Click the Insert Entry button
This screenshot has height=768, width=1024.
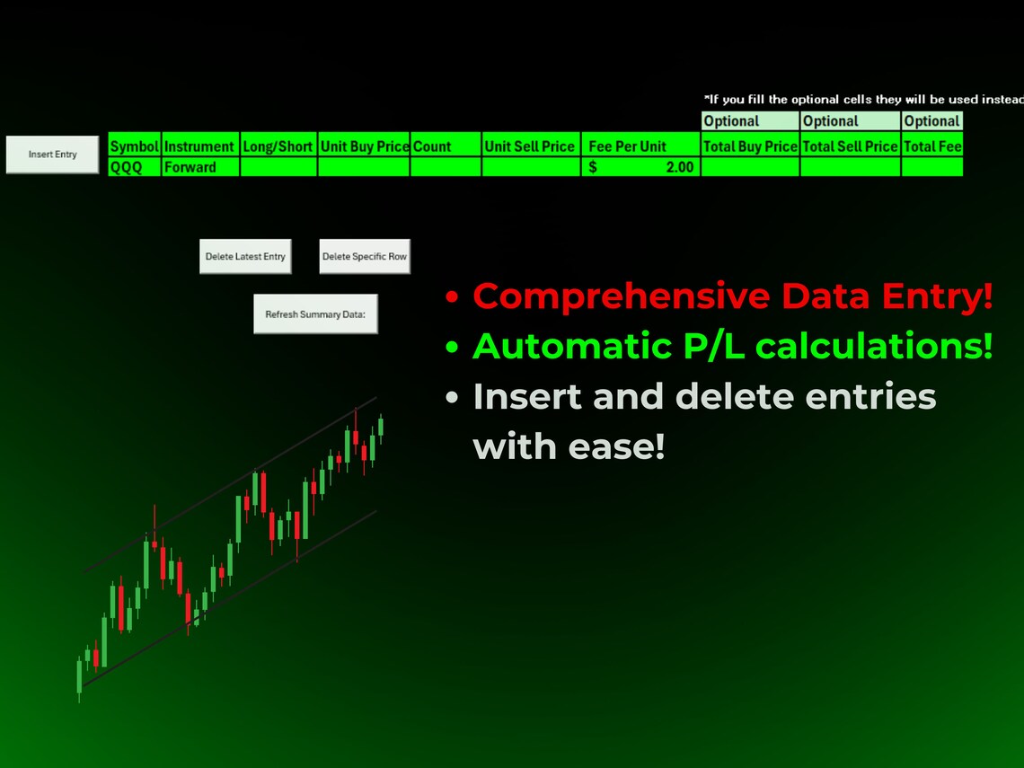click(x=52, y=154)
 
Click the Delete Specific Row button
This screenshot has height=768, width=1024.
click(x=364, y=257)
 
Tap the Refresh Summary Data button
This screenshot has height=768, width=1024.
click(x=315, y=314)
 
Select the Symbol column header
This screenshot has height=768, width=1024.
click(x=134, y=146)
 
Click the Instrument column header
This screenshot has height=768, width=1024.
click(x=199, y=146)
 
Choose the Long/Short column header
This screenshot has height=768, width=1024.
click(x=278, y=146)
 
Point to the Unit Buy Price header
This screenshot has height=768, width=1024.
click(x=364, y=146)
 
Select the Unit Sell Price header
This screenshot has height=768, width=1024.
click(x=530, y=146)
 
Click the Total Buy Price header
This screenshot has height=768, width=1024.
click(x=750, y=146)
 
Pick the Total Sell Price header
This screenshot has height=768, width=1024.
click(x=850, y=146)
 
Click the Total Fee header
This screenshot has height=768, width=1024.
click(x=932, y=146)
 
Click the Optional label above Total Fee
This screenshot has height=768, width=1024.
click(x=932, y=121)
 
